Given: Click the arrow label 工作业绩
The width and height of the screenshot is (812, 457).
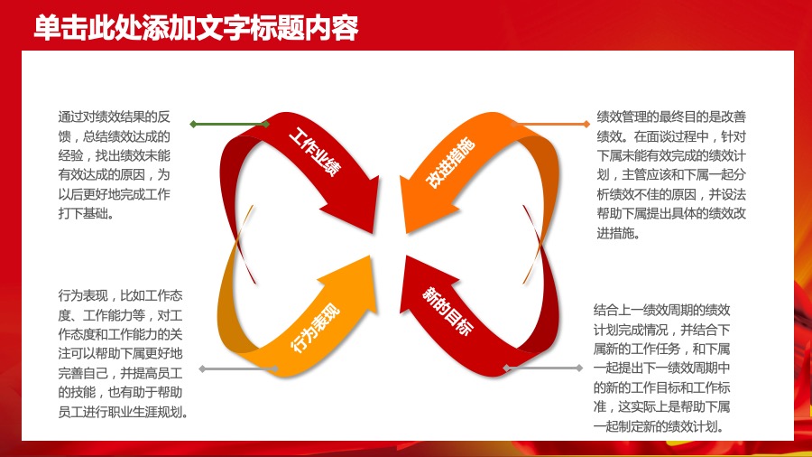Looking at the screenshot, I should click(x=316, y=153).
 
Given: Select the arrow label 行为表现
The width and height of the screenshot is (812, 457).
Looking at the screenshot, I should click(x=316, y=326).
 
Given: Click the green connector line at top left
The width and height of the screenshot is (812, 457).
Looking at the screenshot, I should click(x=230, y=124).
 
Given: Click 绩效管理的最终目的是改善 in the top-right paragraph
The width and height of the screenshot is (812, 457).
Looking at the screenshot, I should click(x=670, y=117).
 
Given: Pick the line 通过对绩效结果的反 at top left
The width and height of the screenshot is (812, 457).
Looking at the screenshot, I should click(x=114, y=117).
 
